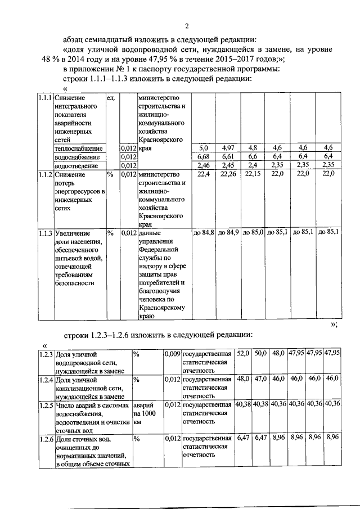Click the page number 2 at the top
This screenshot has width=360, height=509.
[187, 25]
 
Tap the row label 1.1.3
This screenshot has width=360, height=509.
[45, 232]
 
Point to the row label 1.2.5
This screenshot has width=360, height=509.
[46, 404]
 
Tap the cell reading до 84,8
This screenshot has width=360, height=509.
[203, 232]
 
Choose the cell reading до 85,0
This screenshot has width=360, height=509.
[253, 232]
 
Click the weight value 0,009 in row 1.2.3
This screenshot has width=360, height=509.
[172, 354]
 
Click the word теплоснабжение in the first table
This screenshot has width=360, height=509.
[78, 148]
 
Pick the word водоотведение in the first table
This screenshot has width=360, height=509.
[77, 166]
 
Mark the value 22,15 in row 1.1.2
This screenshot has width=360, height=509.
[253, 174]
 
